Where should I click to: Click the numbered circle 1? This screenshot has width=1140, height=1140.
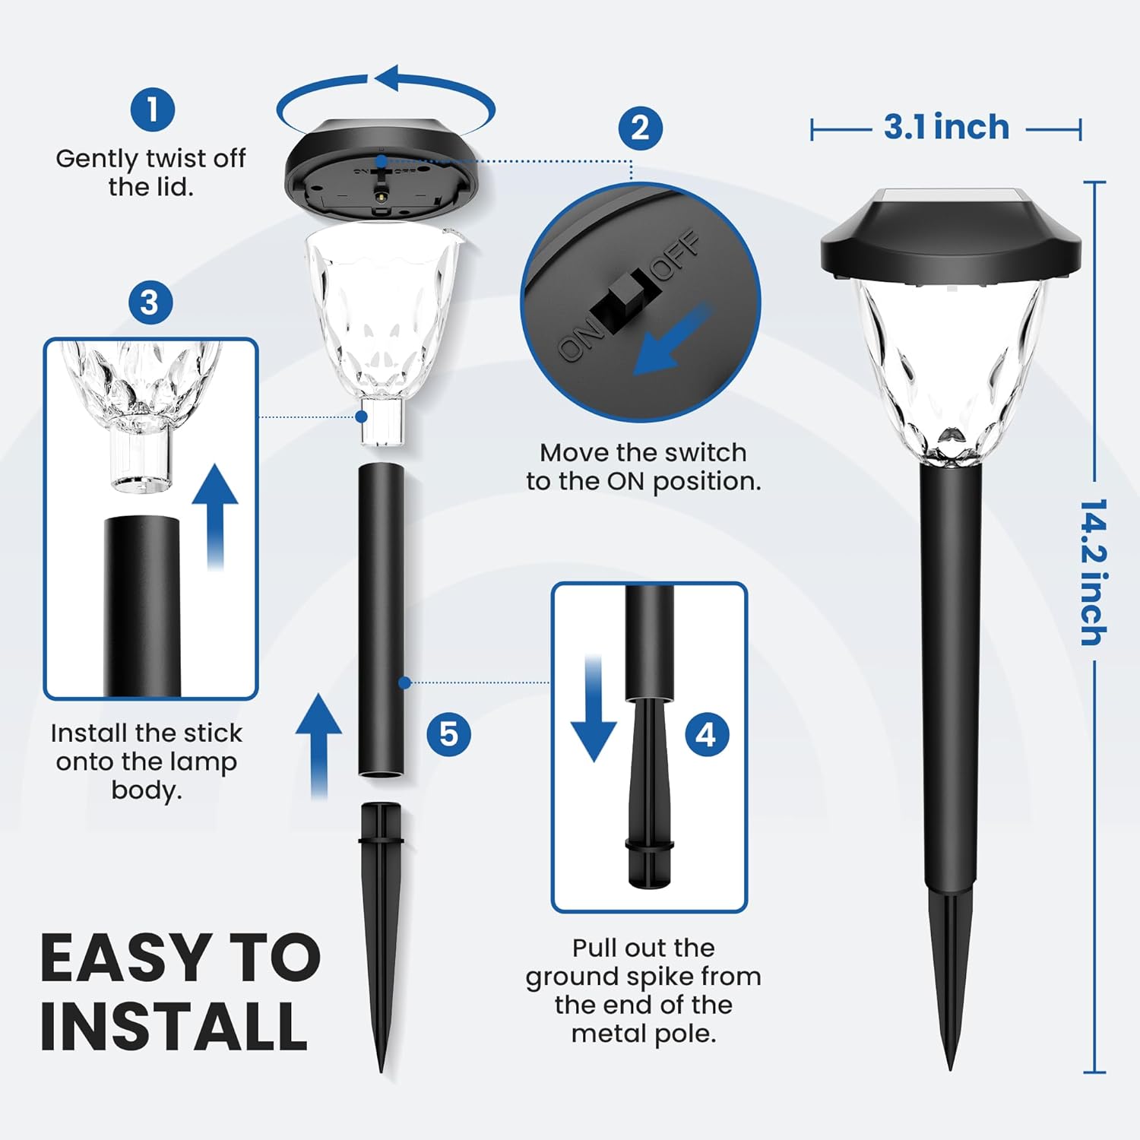coord(153,109)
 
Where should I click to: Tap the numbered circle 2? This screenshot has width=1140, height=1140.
coord(640,128)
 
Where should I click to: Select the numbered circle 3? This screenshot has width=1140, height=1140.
coord(150,302)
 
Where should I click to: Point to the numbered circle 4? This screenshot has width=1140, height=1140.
coord(706,735)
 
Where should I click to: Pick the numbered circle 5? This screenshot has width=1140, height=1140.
coord(449,734)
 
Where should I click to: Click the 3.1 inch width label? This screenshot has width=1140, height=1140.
coord(946,127)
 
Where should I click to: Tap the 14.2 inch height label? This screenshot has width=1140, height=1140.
coord(1094,572)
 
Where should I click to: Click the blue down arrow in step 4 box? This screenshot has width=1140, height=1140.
coord(594,708)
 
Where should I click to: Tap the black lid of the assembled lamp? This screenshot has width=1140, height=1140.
coord(951,236)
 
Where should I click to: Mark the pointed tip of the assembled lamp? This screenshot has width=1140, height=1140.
coord(950,1069)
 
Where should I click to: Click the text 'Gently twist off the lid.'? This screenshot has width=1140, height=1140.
coord(150,173)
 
